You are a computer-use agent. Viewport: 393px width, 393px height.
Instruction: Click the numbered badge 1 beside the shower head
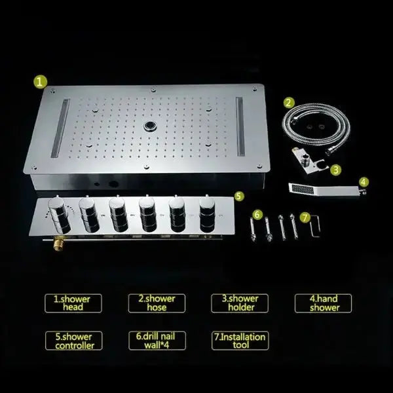(41, 82)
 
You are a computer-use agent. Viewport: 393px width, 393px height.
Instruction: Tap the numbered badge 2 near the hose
(289, 102)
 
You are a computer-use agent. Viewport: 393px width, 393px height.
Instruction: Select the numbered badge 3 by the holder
(335, 168)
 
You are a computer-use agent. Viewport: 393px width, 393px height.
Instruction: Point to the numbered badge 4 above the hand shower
(364, 181)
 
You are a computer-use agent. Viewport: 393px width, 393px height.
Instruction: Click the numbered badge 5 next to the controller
(238, 195)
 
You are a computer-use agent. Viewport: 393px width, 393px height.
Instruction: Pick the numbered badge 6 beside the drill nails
(257, 214)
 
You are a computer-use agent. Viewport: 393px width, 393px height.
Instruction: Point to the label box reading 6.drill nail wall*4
(157, 341)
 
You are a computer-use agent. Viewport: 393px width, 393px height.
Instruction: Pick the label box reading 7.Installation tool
(238, 341)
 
